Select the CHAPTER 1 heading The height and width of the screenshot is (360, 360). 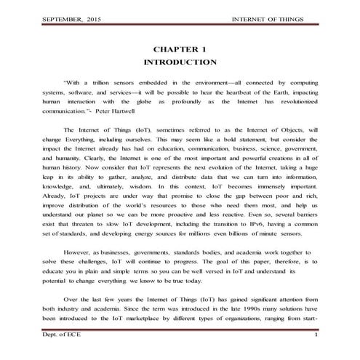point(180,48)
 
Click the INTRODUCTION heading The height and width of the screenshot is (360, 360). point(180,62)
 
